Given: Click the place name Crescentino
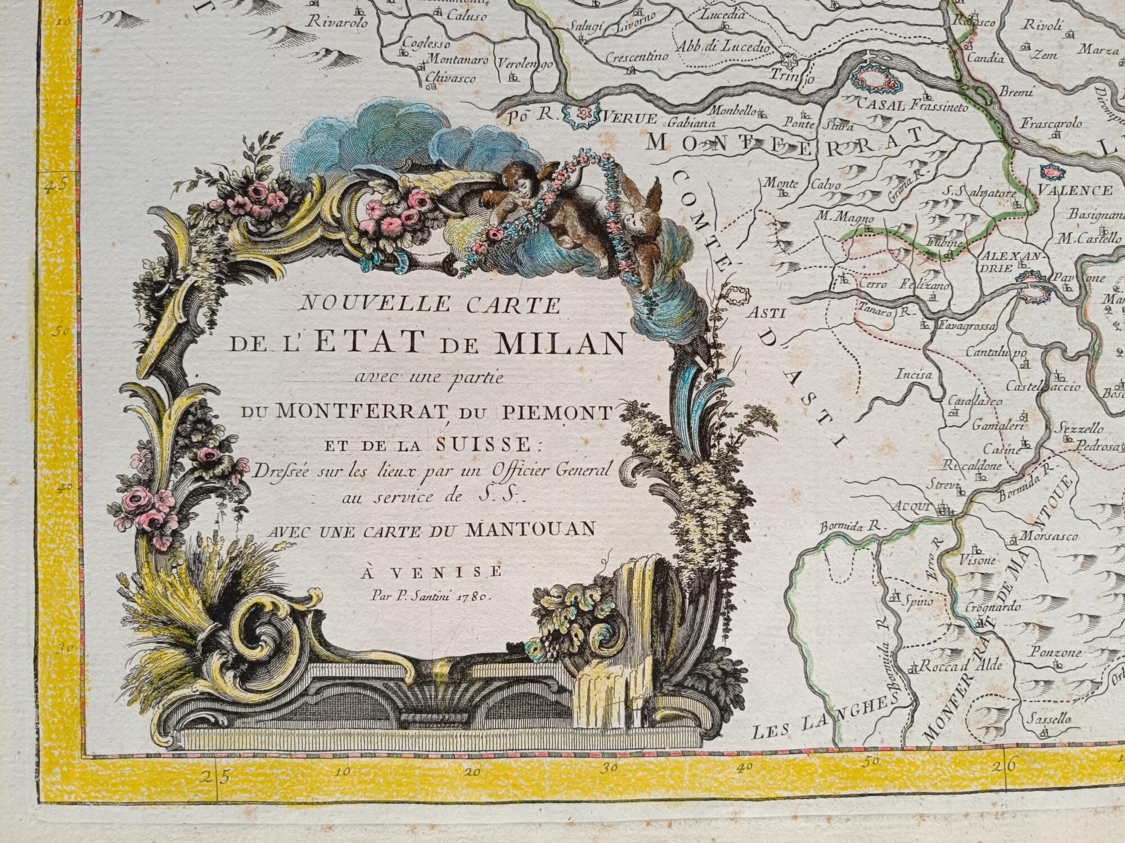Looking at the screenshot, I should pyautogui.click(x=637, y=56).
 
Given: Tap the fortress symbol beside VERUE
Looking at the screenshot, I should pyautogui.click(x=583, y=114).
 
